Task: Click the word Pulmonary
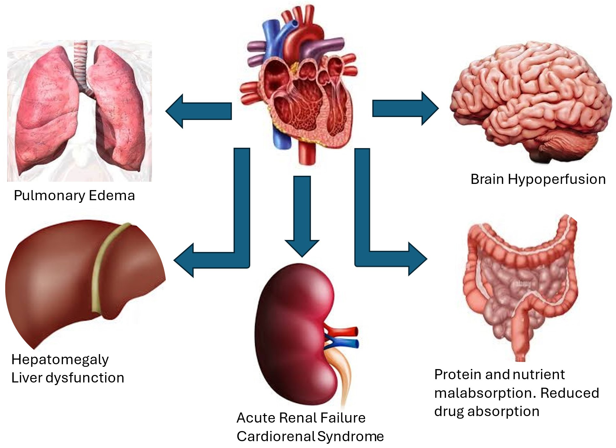[49, 196]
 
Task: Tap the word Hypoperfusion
[557, 179]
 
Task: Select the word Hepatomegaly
[60, 360]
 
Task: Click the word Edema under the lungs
[112, 196]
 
